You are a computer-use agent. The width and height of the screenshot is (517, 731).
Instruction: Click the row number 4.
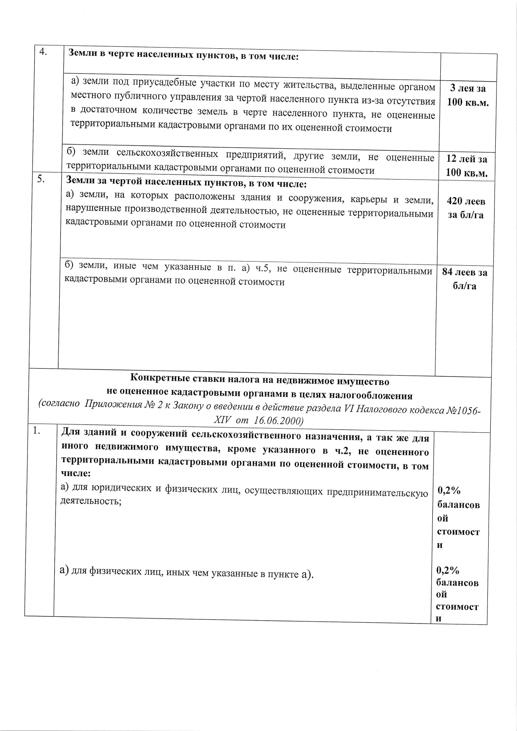[x=43, y=52]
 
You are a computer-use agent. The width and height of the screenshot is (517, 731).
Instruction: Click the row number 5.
[x=41, y=179]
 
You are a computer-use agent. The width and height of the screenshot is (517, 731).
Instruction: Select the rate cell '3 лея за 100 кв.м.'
[x=468, y=95]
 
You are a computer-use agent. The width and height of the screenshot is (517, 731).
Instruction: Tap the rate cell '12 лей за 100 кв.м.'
[x=467, y=166]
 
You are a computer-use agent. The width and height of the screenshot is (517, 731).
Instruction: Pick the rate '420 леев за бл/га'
[x=466, y=208]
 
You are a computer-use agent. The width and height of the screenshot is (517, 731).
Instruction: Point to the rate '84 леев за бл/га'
[x=464, y=279]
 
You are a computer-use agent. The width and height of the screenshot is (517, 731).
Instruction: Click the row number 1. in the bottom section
[x=37, y=431]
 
